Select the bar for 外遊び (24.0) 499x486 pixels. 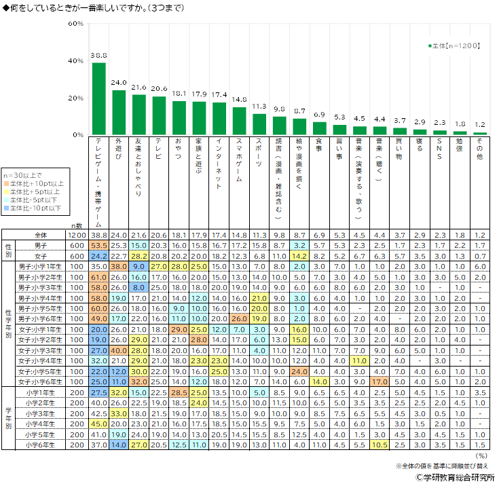coord(119,113)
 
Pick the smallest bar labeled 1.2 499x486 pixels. coord(480,133)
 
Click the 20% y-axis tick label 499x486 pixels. coord(75,98)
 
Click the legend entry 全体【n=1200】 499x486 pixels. coord(455,45)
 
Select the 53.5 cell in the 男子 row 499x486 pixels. coord(99,244)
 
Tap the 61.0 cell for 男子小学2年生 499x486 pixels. coord(99,278)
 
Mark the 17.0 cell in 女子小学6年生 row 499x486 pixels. coord(380,382)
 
